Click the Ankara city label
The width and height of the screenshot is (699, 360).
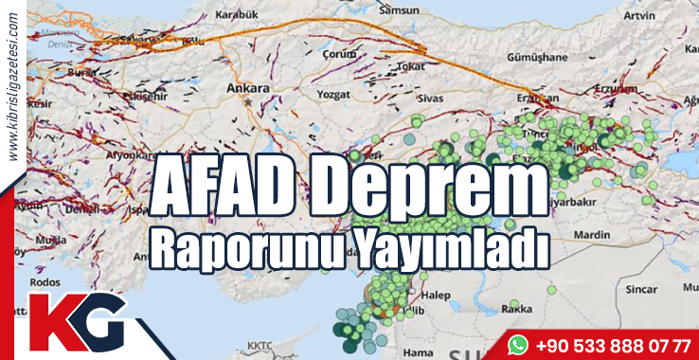249,88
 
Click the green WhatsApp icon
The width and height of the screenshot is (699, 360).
517,342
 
